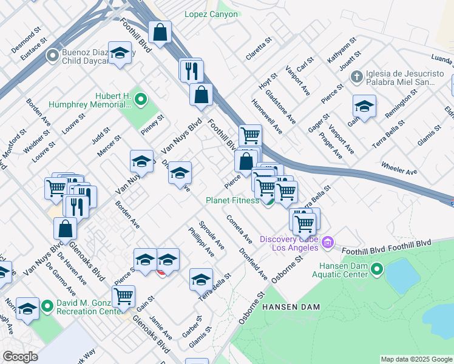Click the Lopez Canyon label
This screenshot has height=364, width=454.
[x=211, y=14]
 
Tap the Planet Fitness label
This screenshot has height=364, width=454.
[x=232, y=200]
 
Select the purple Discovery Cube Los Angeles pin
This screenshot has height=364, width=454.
[x=328, y=243]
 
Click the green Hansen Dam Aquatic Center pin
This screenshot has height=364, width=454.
[x=377, y=268]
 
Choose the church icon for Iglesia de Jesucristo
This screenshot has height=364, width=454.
[x=357, y=77]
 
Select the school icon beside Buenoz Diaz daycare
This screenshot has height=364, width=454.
[x=120, y=53]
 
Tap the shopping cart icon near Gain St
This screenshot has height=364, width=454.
[x=123, y=295]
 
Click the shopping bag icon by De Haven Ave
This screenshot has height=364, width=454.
[x=65, y=228]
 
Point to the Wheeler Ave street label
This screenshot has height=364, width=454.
[x=399, y=168]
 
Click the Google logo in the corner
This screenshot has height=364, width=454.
[x=20, y=357]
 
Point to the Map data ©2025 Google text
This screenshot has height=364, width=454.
[x=416, y=359]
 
